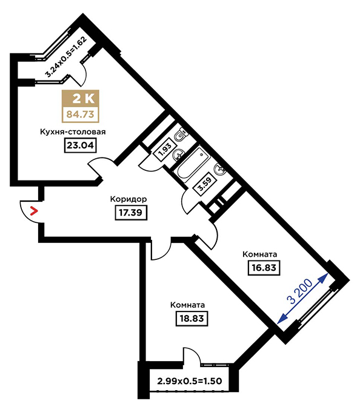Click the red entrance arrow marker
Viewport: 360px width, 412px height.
34,211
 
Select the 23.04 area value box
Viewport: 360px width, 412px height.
81,145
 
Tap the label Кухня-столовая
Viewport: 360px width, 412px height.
73,131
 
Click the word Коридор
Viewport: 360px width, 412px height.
128,199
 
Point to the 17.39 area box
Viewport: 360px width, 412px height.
131,213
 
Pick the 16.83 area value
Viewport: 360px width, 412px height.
264,268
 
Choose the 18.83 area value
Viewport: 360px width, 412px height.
192,319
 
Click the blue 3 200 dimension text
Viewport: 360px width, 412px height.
301,291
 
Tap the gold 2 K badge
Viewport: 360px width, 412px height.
81,99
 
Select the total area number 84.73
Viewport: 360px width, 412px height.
81,115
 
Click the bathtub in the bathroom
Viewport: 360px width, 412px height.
193,165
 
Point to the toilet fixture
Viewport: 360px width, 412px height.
181,135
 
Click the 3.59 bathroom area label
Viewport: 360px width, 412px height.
204,185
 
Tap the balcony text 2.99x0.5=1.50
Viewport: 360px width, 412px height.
190,380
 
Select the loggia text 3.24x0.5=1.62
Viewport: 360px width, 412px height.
65,56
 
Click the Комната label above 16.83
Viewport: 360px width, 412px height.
259,254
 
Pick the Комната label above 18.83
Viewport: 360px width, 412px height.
188,305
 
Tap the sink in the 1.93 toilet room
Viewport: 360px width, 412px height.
178,154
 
